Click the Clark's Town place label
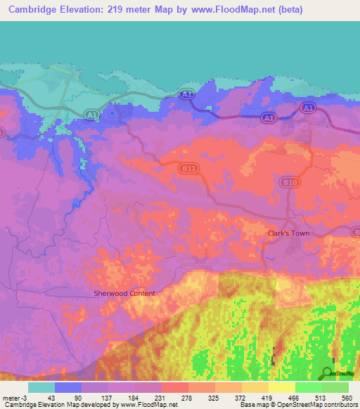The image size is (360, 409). point(288,233)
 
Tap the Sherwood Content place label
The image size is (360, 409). point(124,293)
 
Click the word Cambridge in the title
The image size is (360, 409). point(32,10)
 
